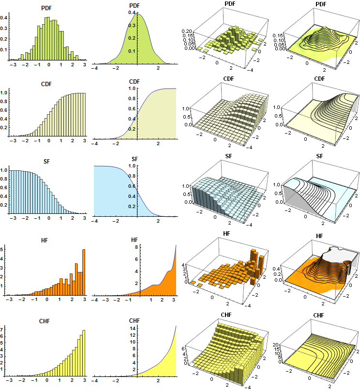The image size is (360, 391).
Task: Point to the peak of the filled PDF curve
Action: pos(137,14)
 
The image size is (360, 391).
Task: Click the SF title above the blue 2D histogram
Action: pos(47,159)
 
